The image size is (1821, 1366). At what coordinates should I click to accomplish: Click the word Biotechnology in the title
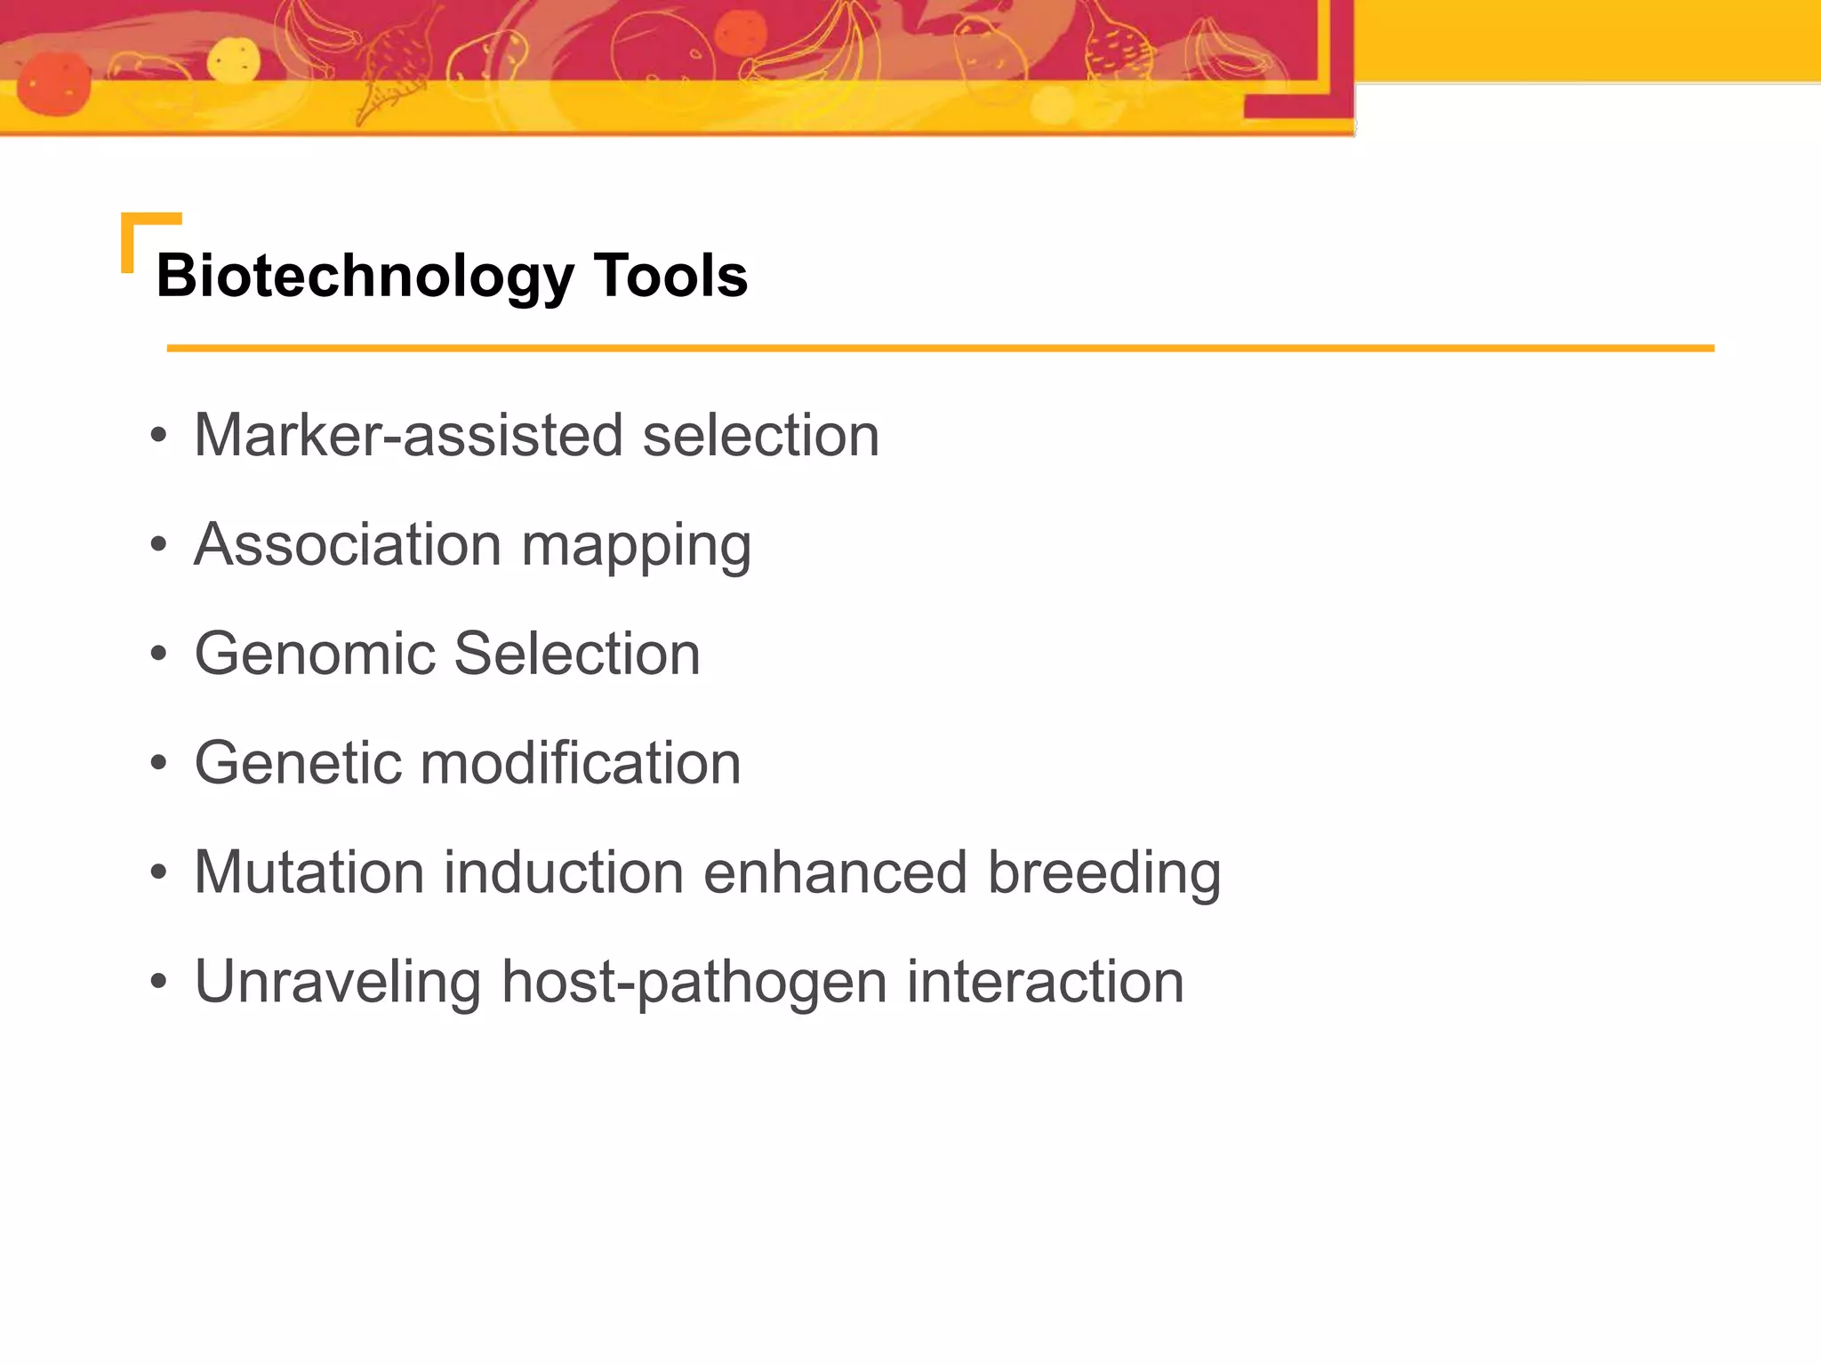coord(365,277)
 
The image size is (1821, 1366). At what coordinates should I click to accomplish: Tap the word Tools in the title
coord(670,277)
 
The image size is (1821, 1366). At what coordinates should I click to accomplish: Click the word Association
coord(348,544)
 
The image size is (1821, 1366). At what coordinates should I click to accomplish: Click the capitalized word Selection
coord(577,654)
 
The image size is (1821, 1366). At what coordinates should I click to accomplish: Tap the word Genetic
coord(297,763)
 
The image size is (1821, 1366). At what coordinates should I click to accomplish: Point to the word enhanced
coord(835,872)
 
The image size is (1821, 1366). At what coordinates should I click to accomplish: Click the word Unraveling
coord(338,982)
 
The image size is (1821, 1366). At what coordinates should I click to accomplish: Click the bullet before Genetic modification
coord(159,764)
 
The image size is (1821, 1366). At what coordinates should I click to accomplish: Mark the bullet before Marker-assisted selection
coord(159,436)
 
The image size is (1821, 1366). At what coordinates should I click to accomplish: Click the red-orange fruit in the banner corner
coord(53,84)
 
